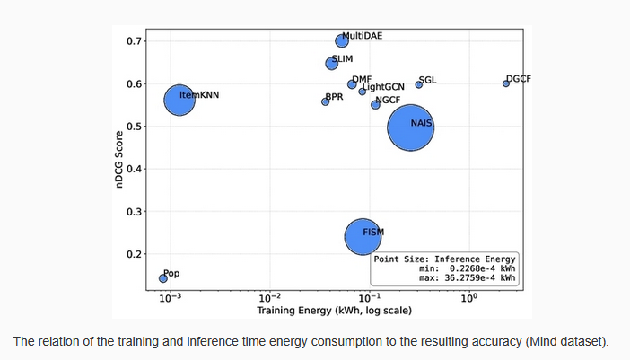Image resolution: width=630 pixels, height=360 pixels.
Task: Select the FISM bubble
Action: pyautogui.click(x=364, y=235)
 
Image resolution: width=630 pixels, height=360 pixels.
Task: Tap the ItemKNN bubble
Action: pyautogui.click(x=179, y=100)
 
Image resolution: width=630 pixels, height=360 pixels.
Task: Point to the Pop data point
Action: pyautogui.click(x=163, y=278)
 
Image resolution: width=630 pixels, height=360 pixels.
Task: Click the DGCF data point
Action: pyautogui.click(x=506, y=83)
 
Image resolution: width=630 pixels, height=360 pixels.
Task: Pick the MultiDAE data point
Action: pyautogui.click(x=341, y=40)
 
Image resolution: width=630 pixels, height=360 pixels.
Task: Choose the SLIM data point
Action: pyautogui.click(x=331, y=63)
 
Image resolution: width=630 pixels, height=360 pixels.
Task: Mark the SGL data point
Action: pyautogui.click(x=418, y=84)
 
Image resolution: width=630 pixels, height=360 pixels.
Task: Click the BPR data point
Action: pyautogui.click(x=325, y=101)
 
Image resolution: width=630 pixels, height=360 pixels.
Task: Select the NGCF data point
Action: pyautogui.click(x=375, y=105)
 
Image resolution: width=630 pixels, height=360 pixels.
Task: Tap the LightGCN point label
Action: pyautogui.click(x=383, y=86)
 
